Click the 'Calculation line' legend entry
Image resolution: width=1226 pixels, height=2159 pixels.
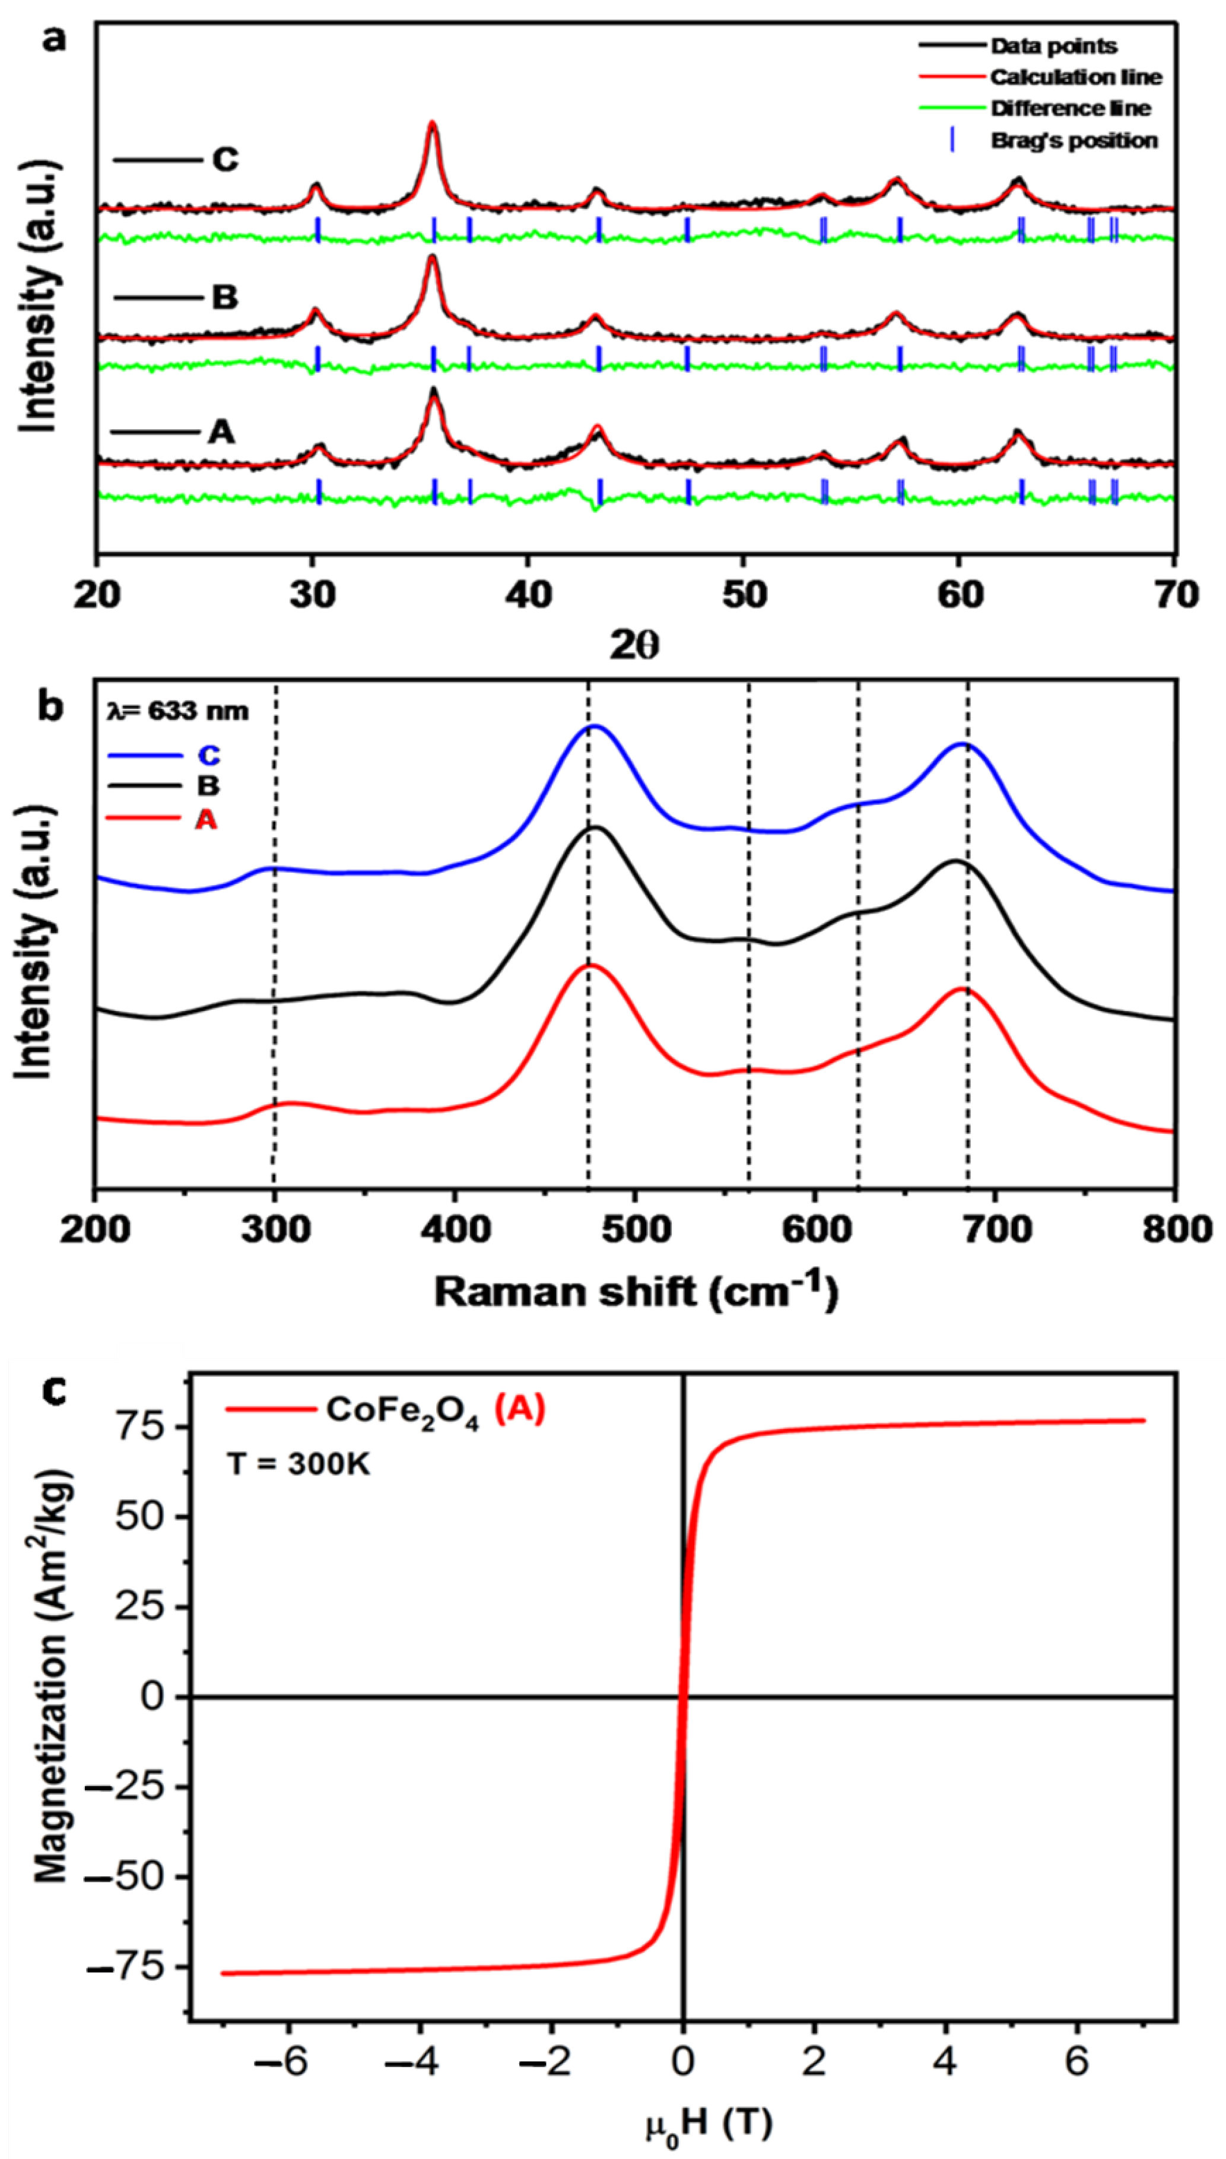(x=1075, y=78)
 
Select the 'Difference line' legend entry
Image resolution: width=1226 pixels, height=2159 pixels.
(x=1070, y=109)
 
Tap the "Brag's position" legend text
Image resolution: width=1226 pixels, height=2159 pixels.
(x=1073, y=141)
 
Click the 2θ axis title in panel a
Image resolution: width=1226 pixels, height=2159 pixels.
(x=635, y=646)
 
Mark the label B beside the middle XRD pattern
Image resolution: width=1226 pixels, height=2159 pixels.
(x=224, y=298)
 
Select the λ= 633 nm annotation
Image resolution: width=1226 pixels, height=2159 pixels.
(x=179, y=712)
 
